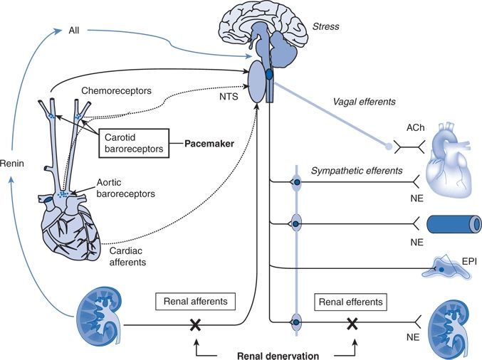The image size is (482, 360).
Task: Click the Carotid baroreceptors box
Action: pyautogui.click(x=133, y=141)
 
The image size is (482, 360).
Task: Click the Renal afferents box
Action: pyautogui.click(x=193, y=302)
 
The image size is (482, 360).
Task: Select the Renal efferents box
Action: pyautogui.click(x=350, y=302)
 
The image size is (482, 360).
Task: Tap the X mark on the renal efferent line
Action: pyautogui.click(x=351, y=325)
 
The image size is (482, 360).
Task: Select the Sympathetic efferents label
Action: pyautogui.click(x=356, y=171)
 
